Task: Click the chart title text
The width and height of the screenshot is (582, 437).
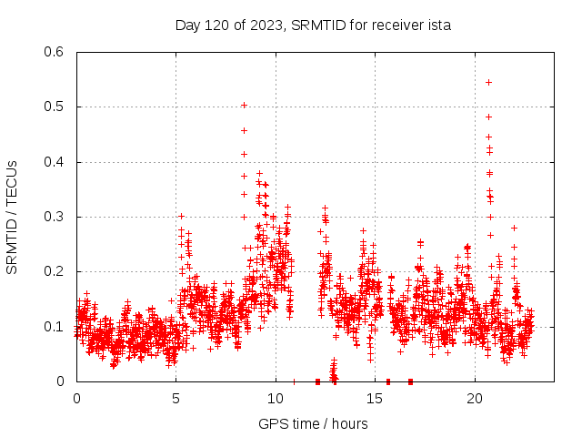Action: [313, 25]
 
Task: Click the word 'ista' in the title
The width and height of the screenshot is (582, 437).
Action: [437, 25]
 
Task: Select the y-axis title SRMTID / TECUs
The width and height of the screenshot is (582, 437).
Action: [13, 217]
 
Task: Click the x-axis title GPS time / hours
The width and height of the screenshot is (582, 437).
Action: [313, 423]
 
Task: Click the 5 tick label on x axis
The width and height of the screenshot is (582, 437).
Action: [176, 399]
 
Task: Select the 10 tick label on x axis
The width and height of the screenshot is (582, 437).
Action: [276, 399]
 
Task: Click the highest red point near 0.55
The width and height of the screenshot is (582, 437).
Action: [488, 82]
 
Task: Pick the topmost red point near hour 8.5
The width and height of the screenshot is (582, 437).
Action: [244, 105]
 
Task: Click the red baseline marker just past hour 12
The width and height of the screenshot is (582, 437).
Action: [317, 381]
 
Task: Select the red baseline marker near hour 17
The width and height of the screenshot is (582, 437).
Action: [410, 381]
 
